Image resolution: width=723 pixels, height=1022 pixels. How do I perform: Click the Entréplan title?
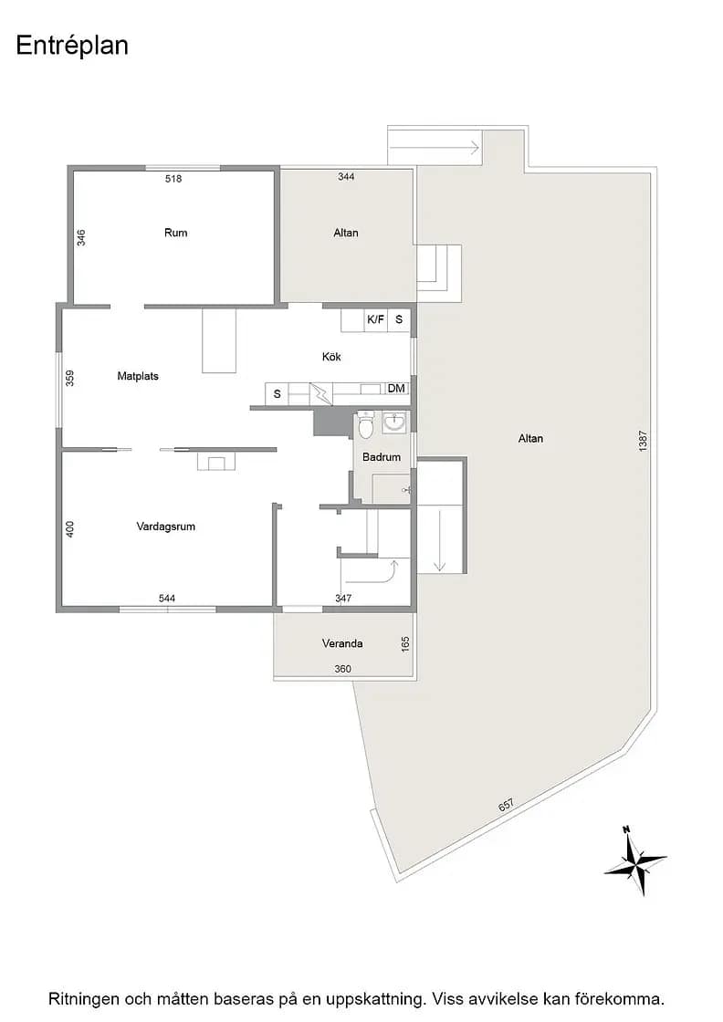pos(72,46)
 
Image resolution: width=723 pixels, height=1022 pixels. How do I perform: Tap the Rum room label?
pos(175,233)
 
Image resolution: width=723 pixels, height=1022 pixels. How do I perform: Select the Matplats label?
pos(138,376)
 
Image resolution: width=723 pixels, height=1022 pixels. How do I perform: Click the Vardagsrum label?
pos(165,527)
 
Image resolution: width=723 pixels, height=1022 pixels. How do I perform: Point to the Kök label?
pos(331,357)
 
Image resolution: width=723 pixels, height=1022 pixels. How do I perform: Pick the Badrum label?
pos(382,457)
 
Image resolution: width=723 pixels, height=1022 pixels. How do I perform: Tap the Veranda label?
pos(342,643)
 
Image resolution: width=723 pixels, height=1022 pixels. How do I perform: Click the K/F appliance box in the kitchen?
pos(376,319)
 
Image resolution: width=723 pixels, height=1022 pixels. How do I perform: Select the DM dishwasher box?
pos(396,389)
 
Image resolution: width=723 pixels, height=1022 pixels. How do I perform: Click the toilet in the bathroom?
pos(366,425)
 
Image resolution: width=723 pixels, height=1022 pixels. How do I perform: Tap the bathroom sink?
pos(394,422)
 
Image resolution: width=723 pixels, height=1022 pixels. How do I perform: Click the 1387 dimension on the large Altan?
pos(643,442)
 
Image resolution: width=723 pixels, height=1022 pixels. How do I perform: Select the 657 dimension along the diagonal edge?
pos(506,805)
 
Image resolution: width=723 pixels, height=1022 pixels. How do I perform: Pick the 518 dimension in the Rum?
pos(173,179)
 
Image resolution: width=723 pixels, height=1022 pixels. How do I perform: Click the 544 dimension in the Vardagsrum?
pos(167,599)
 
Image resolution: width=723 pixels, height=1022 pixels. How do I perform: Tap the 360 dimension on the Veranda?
pos(342,669)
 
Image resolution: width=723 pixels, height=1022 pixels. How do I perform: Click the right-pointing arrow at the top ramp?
pos(435,147)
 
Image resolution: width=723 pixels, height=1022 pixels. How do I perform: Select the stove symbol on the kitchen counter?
pos(321,393)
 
